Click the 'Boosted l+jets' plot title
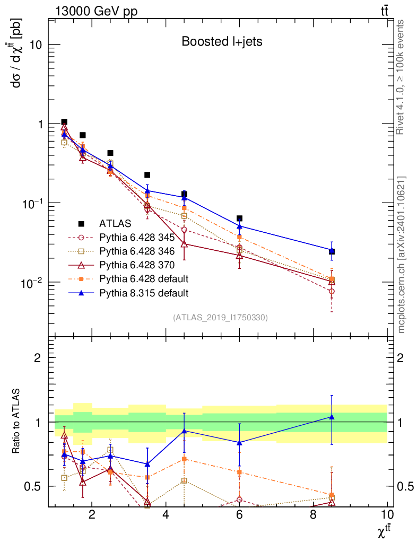pyautogui.click(x=222, y=41)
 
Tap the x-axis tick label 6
pyautogui.click(x=240, y=515)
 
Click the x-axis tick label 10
pyautogui.click(x=387, y=515)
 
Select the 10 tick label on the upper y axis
pyautogui.click(x=36, y=45)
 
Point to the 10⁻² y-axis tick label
pyautogui.click(x=32, y=282)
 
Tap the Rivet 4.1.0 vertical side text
pyautogui.click(x=402, y=77)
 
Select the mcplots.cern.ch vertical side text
pyautogui.click(x=402, y=255)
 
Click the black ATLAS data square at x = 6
pyautogui.click(x=239, y=218)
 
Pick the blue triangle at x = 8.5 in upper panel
pyautogui.click(x=332, y=250)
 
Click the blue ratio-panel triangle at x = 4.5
pyautogui.click(x=184, y=431)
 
